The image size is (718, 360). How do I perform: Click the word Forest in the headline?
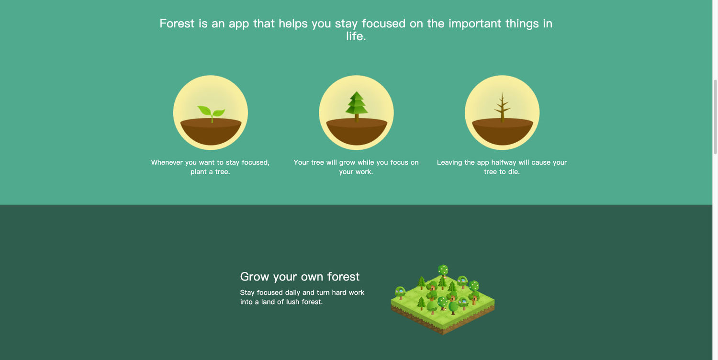click(x=177, y=23)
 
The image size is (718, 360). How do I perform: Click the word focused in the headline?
click(x=383, y=23)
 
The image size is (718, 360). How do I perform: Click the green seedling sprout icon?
click(x=211, y=112)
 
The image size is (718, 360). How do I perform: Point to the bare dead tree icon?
click(x=502, y=107)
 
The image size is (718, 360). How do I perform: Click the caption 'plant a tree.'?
click(x=210, y=172)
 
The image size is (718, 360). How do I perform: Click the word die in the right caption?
click(x=513, y=172)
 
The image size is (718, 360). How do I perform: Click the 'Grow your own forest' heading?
click(x=300, y=277)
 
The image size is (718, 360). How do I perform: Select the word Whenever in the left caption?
click(x=167, y=162)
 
